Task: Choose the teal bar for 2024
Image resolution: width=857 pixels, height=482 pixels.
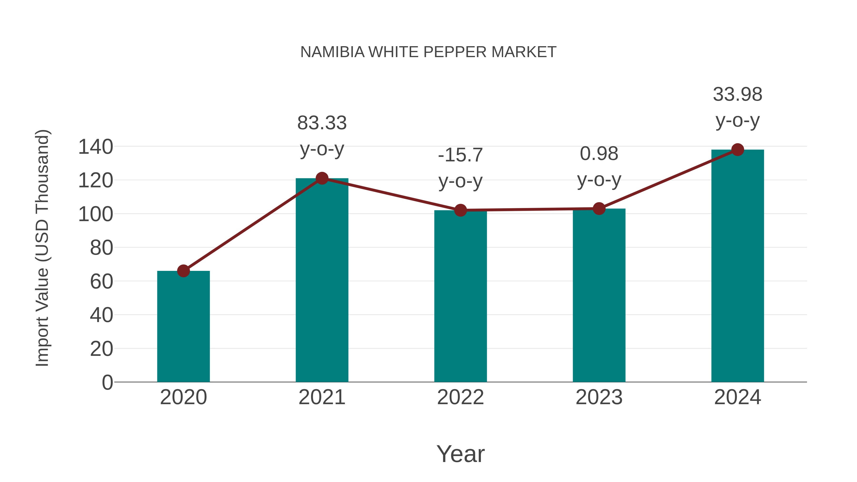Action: pyautogui.click(x=737, y=266)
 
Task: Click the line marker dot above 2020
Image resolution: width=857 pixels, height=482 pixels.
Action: pyautogui.click(x=183, y=271)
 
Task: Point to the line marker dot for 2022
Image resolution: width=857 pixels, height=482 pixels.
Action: pyautogui.click(x=460, y=210)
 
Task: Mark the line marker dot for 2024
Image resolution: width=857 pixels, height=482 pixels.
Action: pyautogui.click(x=737, y=150)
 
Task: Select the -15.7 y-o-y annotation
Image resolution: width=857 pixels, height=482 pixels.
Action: pyautogui.click(x=460, y=168)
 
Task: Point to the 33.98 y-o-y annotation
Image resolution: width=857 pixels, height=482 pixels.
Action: pyautogui.click(x=737, y=107)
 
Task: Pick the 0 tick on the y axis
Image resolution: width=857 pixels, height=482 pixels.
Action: pyautogui.click(x=107, y=382)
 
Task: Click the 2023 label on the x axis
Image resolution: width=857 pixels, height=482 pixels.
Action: pyautogui.click(x=599, y=397)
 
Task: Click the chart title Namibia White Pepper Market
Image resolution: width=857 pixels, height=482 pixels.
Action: pyautogui.click(x=428, y=52)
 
